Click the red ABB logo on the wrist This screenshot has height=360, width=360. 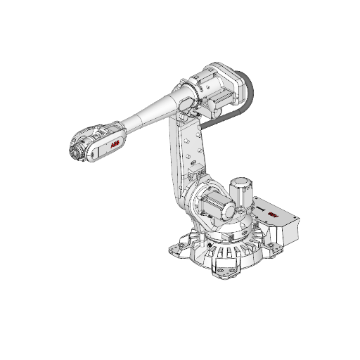pos(115,144)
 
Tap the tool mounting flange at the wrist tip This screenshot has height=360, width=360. pos(74,150)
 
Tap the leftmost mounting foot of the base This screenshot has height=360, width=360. pos(172,247)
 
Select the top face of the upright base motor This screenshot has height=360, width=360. pos(243,182)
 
